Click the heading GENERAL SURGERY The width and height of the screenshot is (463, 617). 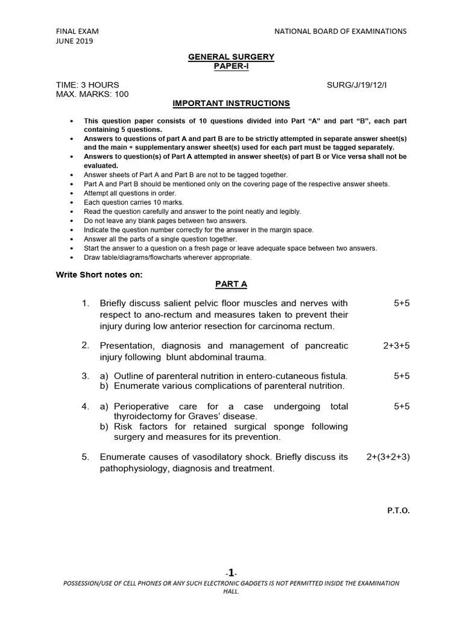coord(231,57)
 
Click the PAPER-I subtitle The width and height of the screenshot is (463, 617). coord(231,66)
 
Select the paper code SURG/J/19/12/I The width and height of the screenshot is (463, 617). coord(357,85)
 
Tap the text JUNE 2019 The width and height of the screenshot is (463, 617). coord(75,41)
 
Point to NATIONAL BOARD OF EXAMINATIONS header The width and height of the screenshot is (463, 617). coord(341,31)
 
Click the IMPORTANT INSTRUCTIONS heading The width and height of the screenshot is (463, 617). coord(231,104)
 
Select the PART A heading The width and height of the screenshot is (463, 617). coord(231,284)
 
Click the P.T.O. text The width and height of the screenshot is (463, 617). coord(398,510)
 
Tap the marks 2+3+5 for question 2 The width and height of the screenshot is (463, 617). coord(396,346)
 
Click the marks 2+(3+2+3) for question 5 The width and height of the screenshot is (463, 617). coord(388,457)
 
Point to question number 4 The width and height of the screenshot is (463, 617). coord(86,407)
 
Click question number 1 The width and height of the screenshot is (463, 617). coord(86,303)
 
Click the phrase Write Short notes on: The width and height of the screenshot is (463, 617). coord(99,275)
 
